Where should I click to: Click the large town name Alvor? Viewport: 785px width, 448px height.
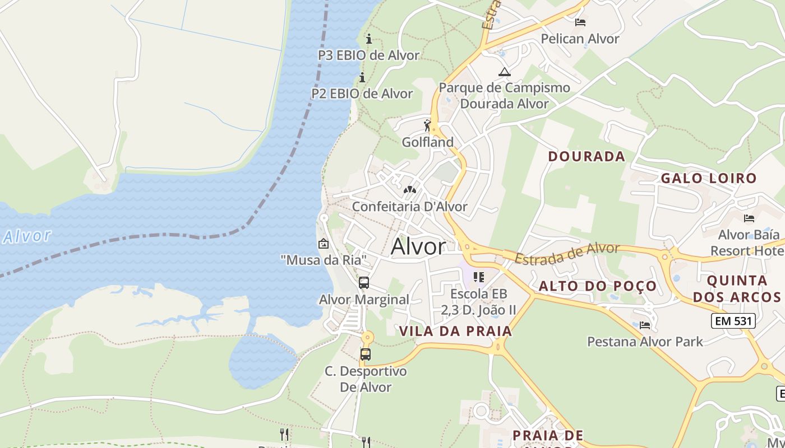[x=418, y=246]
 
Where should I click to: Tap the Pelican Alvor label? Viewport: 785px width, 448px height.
[x=580, y=39]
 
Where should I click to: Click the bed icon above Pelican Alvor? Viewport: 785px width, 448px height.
[x=580, y=22]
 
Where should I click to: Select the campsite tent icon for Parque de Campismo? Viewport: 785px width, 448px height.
[x=505, y=72]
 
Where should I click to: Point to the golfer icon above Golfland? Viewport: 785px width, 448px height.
[x=428, y=125]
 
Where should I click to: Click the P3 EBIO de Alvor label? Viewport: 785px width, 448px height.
[x=368, y=55]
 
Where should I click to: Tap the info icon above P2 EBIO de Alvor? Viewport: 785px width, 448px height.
[x=362, y=77]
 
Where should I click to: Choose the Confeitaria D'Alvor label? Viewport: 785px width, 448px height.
[x=409, y=207]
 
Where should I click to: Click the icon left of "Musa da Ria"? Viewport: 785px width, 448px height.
[x=324, y=244]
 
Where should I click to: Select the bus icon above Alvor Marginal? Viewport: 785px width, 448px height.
[x=364, y=282]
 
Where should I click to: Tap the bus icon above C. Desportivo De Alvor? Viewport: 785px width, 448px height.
[x=366, y=354]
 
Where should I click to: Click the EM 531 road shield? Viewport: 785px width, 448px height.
[x=733, y=321]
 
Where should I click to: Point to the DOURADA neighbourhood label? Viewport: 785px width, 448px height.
[x=587, y=156]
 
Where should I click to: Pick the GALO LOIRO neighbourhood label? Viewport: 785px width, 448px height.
[x=709, y=178]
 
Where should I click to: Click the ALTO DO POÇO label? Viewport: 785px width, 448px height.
[x=598, y=286]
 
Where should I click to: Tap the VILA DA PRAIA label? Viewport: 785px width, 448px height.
[x=456, y=331]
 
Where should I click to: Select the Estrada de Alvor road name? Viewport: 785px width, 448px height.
[x=567, y=253]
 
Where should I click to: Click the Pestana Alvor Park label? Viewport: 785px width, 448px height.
[x=645, y=341]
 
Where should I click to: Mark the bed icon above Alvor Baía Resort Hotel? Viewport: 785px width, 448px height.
[x=749, y=218]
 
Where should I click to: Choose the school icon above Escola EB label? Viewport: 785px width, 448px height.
[x=479, y=277]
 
